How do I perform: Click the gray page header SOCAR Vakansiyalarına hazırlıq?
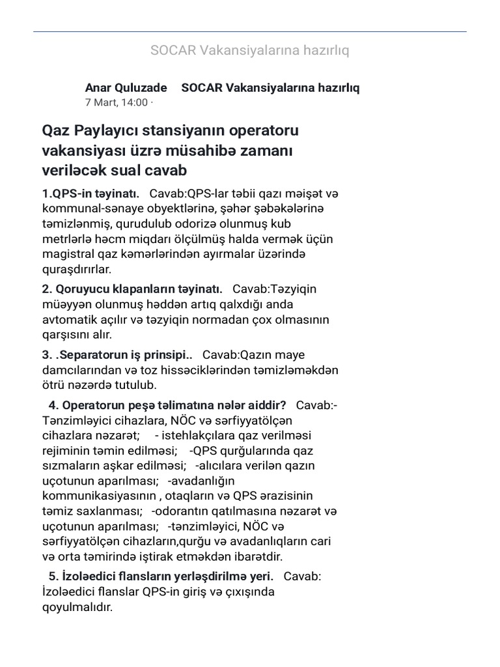click(249, 51)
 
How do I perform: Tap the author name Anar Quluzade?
click(126, 87)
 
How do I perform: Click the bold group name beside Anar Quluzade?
click(270, 87)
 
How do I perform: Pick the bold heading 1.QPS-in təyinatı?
click(90, 193)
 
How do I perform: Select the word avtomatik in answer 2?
click(70, 320)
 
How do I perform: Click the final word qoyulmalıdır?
click(77, 607)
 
